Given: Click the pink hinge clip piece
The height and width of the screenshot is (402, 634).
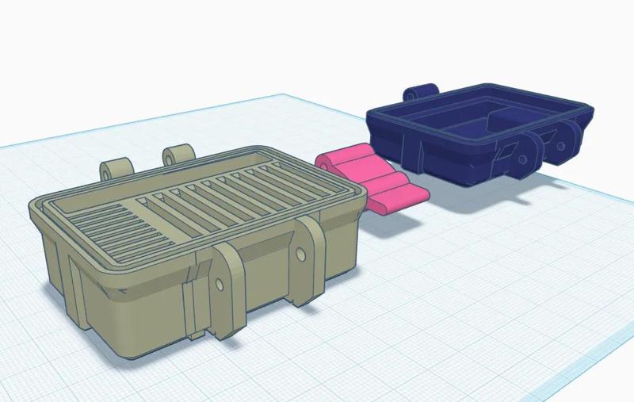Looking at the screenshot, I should click(x=372, y=179).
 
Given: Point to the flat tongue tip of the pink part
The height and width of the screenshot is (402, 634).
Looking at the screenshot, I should click(x=404, y=197).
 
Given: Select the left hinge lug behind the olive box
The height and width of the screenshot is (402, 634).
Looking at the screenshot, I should click(x=115, y=169).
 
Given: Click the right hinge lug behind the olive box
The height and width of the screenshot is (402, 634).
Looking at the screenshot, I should click(x=178, y=155).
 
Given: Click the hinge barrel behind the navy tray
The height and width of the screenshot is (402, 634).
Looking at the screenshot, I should click(x=420, y=93).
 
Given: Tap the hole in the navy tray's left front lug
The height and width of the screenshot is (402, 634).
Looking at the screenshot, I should click(x=524, y=158).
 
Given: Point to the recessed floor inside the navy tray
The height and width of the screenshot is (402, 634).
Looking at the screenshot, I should click(x=468, y=127).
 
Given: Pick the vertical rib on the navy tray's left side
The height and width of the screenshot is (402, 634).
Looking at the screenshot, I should click(x=407, y=147).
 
